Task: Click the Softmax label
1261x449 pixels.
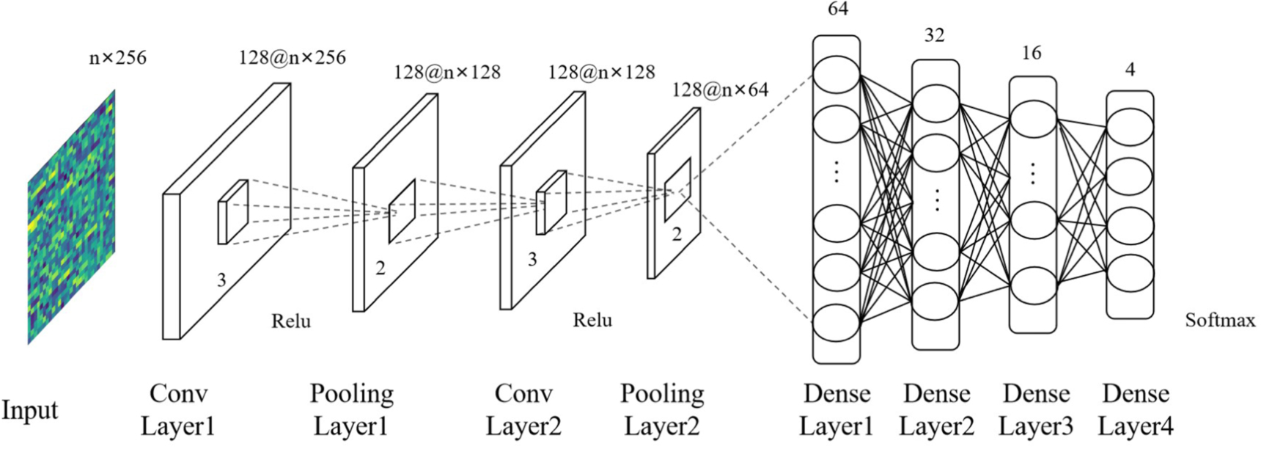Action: tap(1220, 321)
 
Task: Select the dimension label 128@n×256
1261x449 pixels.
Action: tap(292, 58)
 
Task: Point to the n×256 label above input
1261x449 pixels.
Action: tap(117, 57)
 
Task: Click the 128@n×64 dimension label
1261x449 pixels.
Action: tap(720, 90)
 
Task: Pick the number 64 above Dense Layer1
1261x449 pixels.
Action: tap(837, 10)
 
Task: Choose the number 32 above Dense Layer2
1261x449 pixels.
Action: tap(934, 35)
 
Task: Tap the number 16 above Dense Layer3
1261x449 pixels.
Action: tap(1032, 53)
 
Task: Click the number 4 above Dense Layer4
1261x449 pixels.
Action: tap(1130, 70)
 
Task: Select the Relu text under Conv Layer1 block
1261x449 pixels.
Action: tap(291, 321)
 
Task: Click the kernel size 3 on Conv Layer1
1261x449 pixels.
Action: tap(221, 280)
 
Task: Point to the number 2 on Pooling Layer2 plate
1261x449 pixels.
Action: tap(677, 235)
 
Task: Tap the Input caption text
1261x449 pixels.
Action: tap(29, 410)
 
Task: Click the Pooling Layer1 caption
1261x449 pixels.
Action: tap(351, 409)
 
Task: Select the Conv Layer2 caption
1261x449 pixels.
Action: tap(523, 409)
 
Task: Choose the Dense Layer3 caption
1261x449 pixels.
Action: tap(1036, 409)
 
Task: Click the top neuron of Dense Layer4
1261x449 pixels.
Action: tap(1129, 125)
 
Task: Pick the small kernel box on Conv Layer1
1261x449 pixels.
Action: tap(232, 212)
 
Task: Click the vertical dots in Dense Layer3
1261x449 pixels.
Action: tap(1032, 173)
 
